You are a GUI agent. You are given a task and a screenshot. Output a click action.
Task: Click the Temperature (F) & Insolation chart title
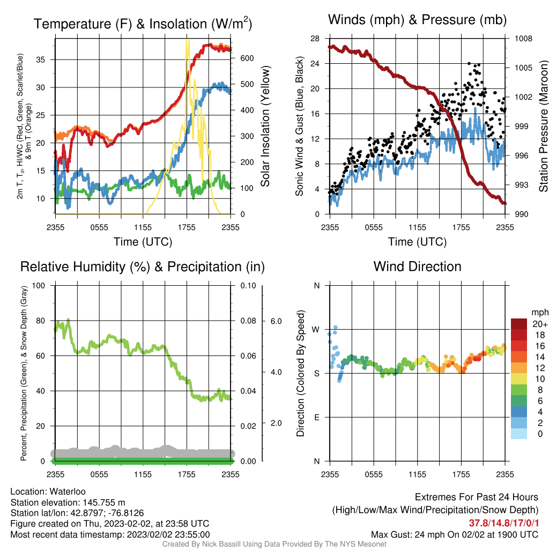tap(143, 24)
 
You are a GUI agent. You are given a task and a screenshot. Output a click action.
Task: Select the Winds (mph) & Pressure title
tap(417, 20)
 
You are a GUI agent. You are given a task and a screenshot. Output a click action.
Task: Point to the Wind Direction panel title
tap(417, 266)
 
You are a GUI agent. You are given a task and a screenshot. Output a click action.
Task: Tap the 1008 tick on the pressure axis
tap(523, 38)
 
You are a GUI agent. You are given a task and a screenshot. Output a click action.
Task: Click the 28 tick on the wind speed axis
tap(315, 38)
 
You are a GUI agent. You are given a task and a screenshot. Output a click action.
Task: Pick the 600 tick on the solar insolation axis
tap(247, 58)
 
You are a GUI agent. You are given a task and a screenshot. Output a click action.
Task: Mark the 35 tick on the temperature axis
tap(41, 60)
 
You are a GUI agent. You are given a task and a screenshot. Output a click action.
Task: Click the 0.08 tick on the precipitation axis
tap(248, 321)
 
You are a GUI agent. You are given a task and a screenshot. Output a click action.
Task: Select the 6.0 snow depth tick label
tap(276, 321)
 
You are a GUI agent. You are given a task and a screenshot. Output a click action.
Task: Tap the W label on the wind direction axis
tap(316, 330)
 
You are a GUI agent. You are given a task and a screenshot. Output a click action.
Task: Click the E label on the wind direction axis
tap(317, 417)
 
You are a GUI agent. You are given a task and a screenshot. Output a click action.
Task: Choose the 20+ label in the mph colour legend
tap(540, 324)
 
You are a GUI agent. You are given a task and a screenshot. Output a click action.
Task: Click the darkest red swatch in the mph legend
tap(519, 324)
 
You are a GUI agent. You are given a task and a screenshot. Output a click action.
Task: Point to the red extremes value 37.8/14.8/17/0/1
tap(503, 523)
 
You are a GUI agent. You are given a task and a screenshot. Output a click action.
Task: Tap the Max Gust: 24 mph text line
tap(455, 535)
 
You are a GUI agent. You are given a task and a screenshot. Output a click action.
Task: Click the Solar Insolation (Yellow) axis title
tap(265, 126)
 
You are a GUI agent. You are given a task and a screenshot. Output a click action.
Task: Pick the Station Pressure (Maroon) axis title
tap(544, 126)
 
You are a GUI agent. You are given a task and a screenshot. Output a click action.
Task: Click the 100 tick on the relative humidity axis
tap(39, 285)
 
